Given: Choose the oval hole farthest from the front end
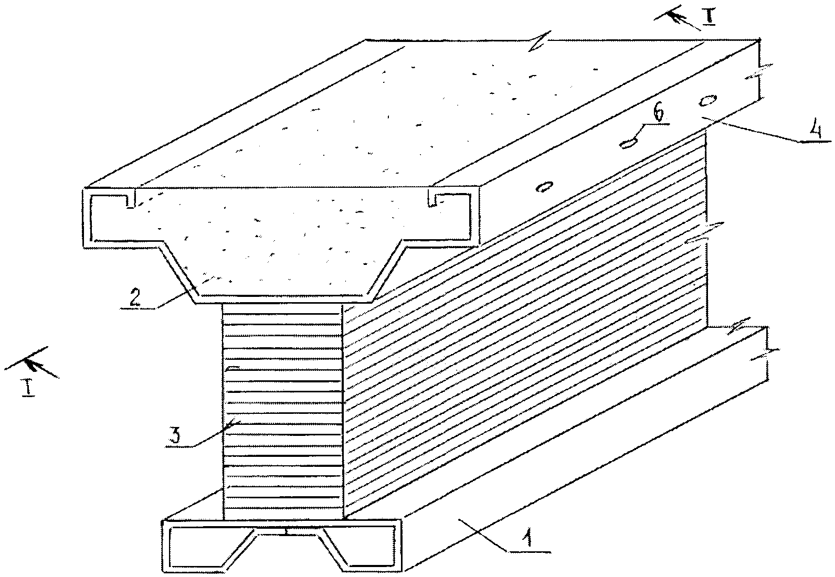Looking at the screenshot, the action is pos(708,99).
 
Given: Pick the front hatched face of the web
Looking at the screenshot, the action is pos(282,409).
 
